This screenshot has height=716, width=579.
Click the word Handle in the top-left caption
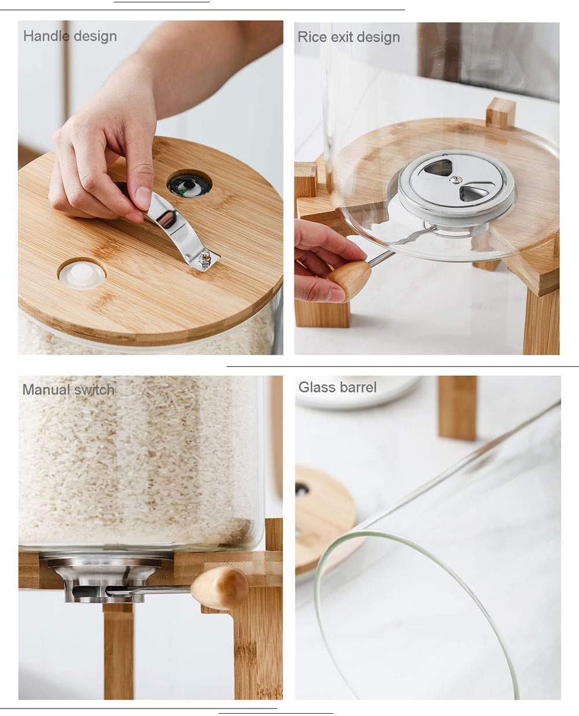coord(46,36)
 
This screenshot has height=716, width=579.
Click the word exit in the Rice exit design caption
coord(341,37)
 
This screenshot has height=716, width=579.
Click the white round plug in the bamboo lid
coord(82,274)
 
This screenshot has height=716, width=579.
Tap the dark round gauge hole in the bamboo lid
coord(189,185)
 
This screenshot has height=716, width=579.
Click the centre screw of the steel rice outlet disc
coord(455,179)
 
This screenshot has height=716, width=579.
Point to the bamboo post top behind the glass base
coord(501,113)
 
